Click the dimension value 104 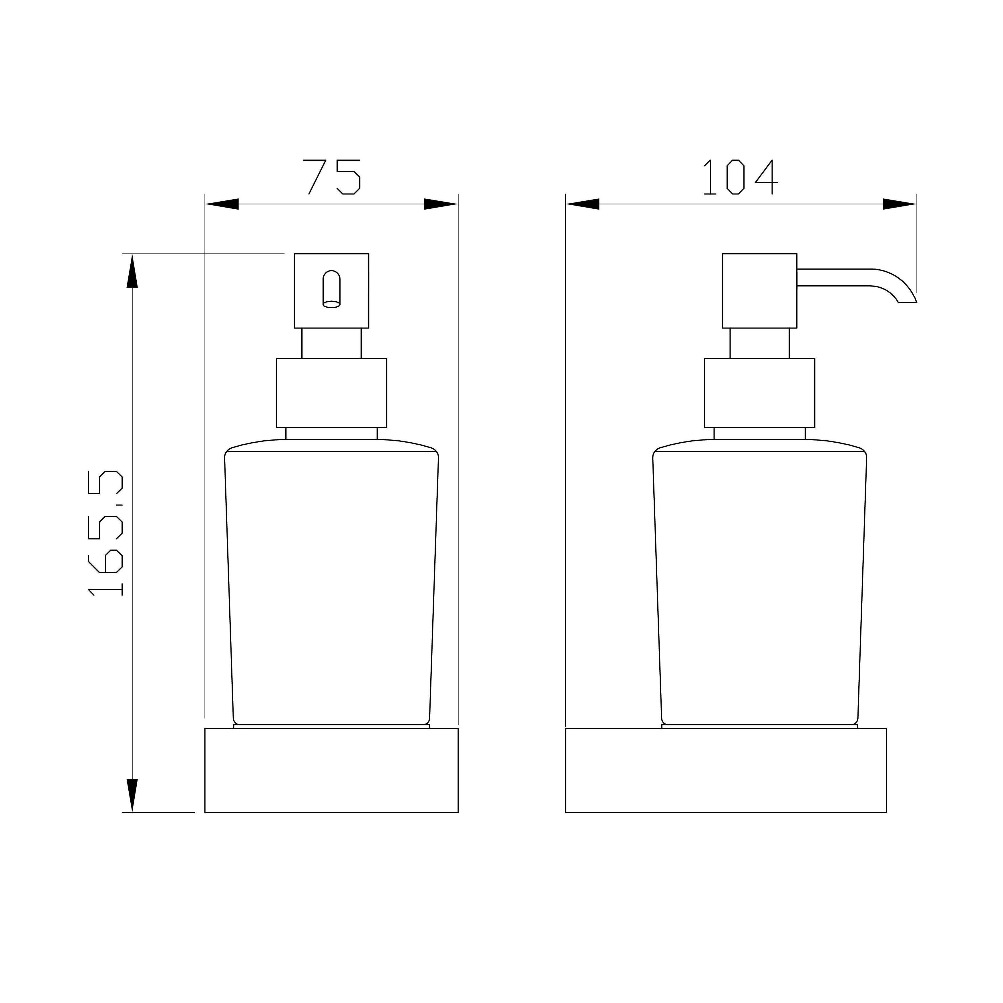tap(741, 177)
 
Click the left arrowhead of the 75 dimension tap(222, 204)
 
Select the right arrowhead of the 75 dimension tap(441, 204)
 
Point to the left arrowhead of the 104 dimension tap(582, 204)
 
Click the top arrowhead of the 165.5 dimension tap(132, 270)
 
